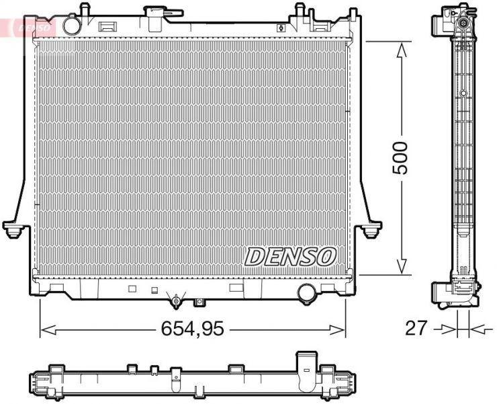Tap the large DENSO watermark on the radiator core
click(290, 255)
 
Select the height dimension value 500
click(401, 158)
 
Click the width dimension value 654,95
click(192, 329)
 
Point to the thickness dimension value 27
click(416, 329)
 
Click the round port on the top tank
click(71, 25)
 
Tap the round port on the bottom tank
click(307, 292)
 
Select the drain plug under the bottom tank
click(176, 299)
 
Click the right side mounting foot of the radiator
click(370, 229)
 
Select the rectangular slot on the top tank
click(107, 28)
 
